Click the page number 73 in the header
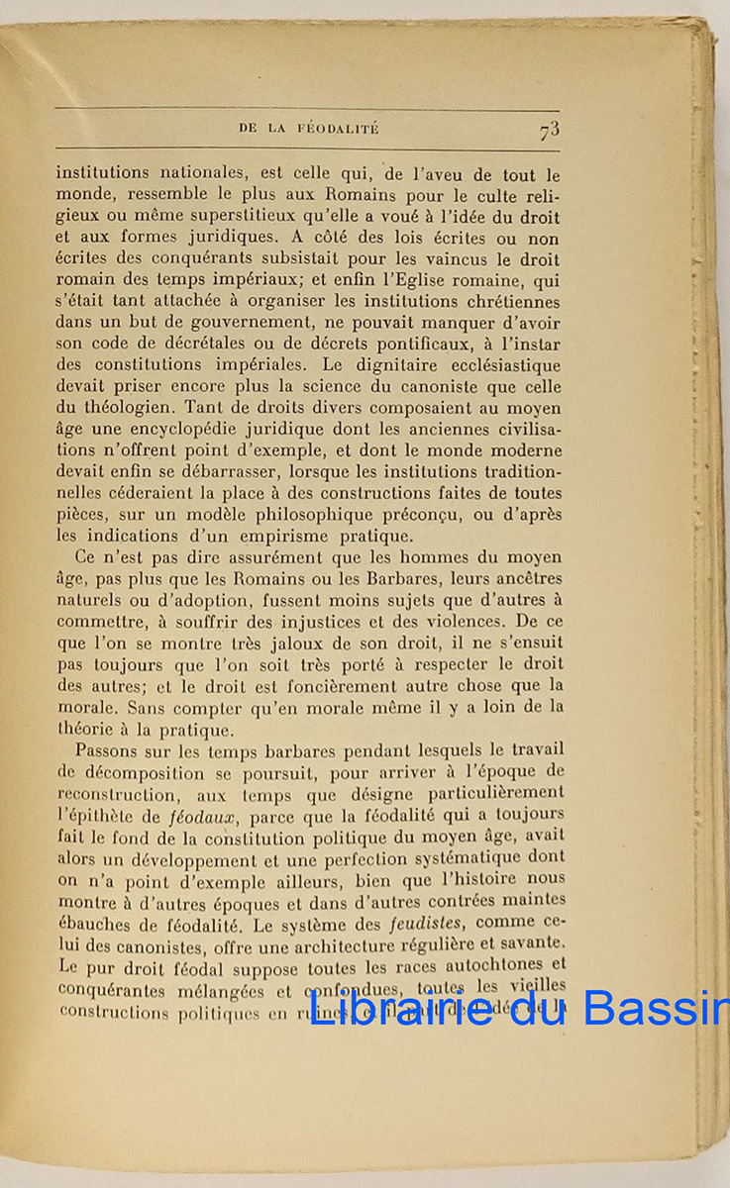tap(551, 130)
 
